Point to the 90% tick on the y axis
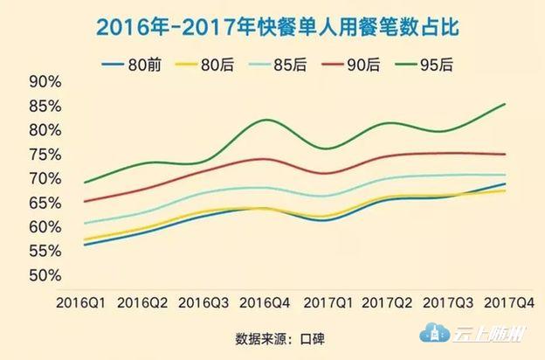(44, 82)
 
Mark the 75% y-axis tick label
(44, 155)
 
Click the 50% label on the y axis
(44, 275)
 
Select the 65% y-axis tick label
(44, 203)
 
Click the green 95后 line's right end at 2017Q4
(506, 104)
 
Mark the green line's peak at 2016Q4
(266, 120)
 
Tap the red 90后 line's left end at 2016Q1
(84, 202)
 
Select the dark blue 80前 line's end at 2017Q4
(506, 183)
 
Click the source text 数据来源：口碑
(272, 336)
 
